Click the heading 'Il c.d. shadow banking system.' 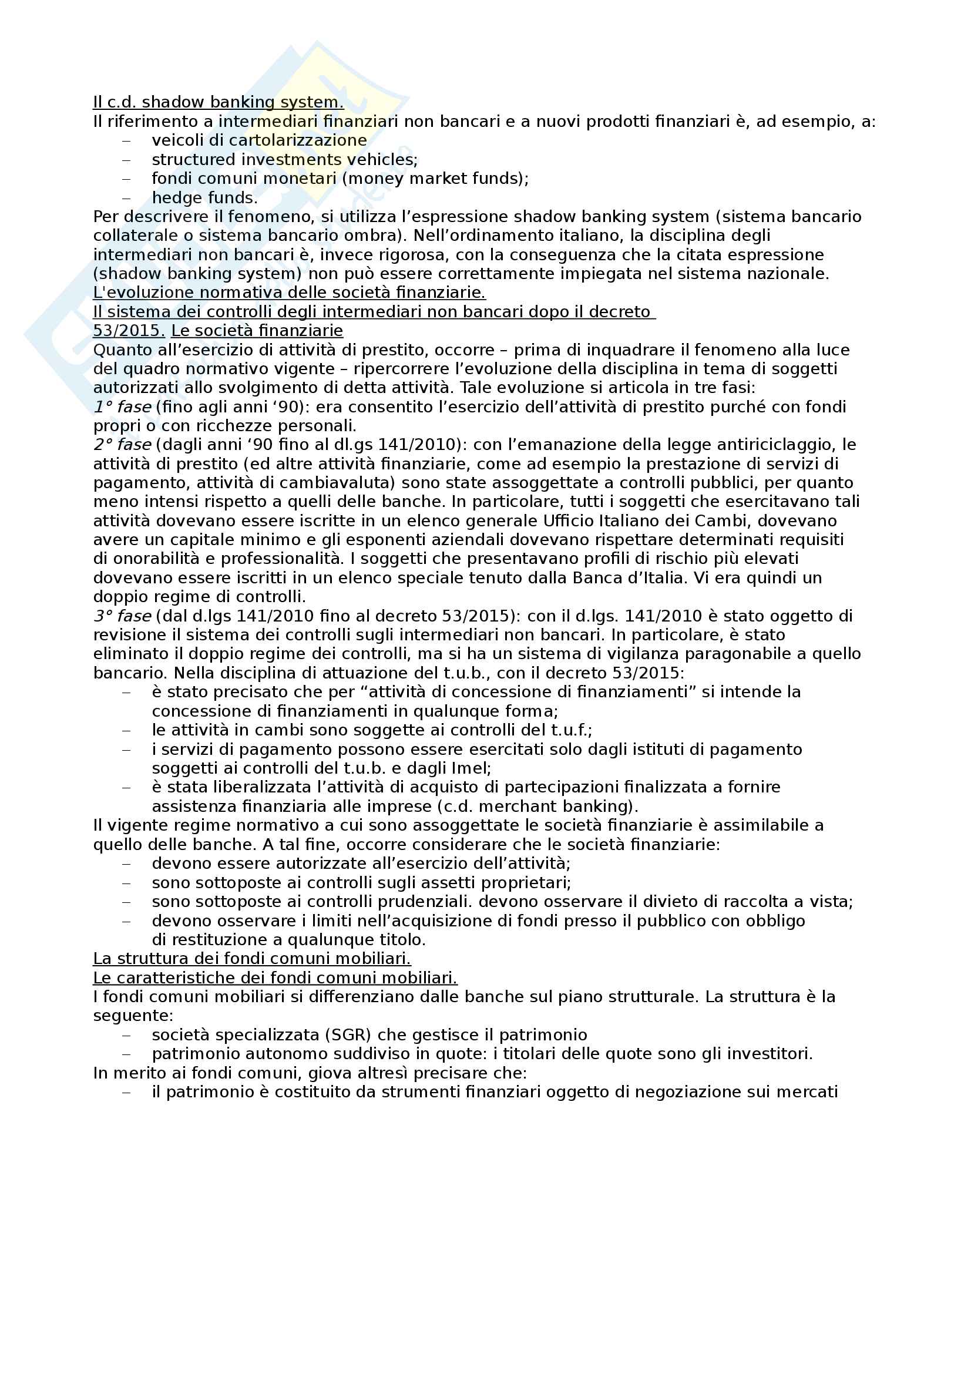tap(219, 102)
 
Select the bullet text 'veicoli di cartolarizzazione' tap(259, 140)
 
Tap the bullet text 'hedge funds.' tap(204, 197)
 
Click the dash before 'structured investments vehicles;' tap(126, 160)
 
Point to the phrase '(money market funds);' tap(435, 179)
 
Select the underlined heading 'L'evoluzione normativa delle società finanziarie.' tap(289, 293)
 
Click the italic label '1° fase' tap(122, 407)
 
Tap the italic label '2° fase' tap(122, 445)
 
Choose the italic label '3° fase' tap(122, 616)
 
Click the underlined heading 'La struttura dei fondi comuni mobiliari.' tap(252, 959)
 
